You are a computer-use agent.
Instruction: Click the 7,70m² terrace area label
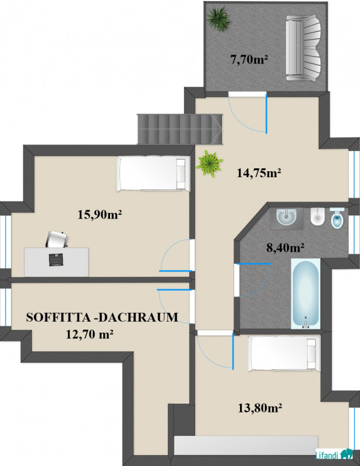(x=249, y=59)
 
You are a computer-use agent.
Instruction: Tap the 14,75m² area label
(x=259, y=172)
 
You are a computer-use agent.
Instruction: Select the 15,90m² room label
(x=100, y=214)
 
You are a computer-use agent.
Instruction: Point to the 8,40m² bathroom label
(x=285, y=247)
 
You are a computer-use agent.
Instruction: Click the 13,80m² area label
(x=260, y=408)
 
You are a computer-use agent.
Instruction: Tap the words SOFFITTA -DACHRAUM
(x=102, y=317)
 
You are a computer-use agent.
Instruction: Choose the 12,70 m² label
(x=90, y=334)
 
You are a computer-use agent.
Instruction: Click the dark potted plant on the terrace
(x=219, y=19)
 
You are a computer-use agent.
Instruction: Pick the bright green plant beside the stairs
(x=209, y=163)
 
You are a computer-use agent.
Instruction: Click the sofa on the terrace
(x=303, y=48)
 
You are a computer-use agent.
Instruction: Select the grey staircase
(x=179, y=129)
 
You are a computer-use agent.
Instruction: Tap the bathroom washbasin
(x=286, y=217)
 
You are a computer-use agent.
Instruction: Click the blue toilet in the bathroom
(x=337, y=218)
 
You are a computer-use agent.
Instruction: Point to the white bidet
(x=318, y=216)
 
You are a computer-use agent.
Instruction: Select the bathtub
(x=306, y=294)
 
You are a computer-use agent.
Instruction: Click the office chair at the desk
(x=57, y=239)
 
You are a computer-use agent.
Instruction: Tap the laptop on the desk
(x=56, y=260)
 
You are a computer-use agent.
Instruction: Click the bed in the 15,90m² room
(x=153, y=174)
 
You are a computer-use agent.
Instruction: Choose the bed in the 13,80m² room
(x=284, y=354)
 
